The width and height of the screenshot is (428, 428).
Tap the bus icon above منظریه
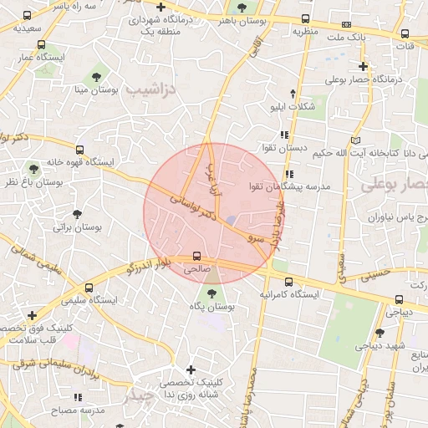click(306, 18)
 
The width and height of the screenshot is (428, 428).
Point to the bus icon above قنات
click(405, 34)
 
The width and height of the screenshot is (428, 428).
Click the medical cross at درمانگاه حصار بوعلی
click(363, 64)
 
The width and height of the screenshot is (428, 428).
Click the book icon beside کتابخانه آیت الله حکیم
click(358, 140)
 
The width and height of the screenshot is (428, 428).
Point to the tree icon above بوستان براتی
click(77, 215)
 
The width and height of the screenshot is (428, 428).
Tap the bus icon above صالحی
click(197, 256)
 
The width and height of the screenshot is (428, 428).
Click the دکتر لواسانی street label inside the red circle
click(195, 208)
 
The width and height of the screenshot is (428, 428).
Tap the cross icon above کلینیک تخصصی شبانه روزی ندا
click(191, 369)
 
